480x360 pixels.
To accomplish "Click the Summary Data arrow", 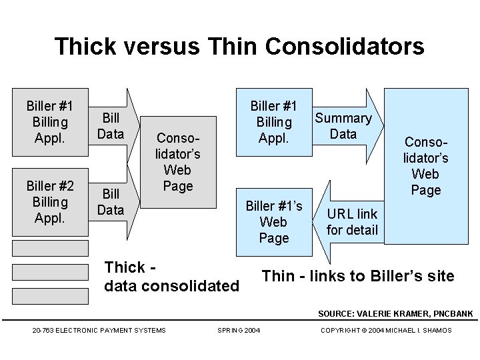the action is point(344,126).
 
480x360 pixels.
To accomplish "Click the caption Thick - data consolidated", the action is point(172,277).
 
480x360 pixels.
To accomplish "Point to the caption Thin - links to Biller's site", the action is point(358,276).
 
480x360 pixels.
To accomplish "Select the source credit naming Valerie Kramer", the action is point(395,313).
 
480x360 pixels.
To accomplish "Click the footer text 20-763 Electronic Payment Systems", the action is point(99,330).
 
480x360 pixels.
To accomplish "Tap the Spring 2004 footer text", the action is point(239,330).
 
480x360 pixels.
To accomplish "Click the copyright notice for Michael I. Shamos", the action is point(386,330).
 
